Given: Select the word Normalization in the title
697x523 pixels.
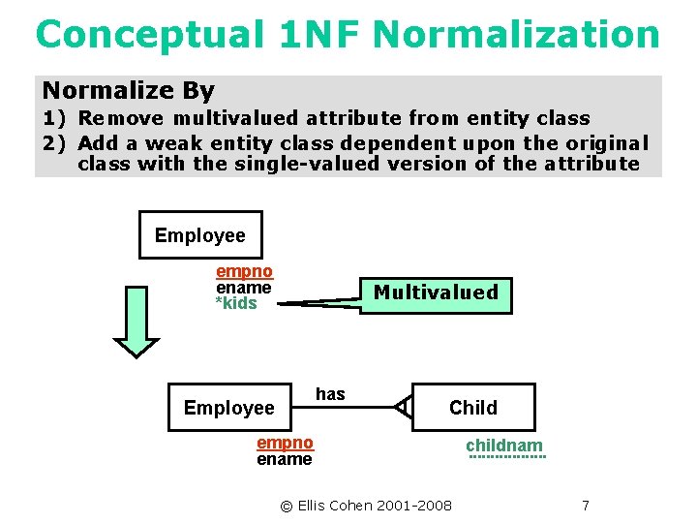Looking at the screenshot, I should point(516,35).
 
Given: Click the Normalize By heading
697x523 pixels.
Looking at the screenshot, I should point(128,91).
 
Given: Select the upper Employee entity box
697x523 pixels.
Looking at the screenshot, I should point(200,235).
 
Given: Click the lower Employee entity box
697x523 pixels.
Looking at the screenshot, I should point(229,408).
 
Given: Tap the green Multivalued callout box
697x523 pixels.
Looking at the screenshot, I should point(436,292).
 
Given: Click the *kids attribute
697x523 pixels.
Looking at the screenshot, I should point(236,303).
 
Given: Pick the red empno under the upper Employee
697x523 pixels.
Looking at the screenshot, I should point(244,272).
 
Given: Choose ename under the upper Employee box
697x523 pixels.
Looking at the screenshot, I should point(243,288).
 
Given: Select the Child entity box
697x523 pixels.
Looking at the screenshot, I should point(472,408).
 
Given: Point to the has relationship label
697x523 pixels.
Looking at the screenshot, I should point(330,393).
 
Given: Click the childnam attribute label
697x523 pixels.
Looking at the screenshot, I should point(504,446).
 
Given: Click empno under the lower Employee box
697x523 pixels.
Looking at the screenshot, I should point(285,443).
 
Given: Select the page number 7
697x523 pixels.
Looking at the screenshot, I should point(585,506).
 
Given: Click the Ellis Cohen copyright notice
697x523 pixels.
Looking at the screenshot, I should point(366,506).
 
